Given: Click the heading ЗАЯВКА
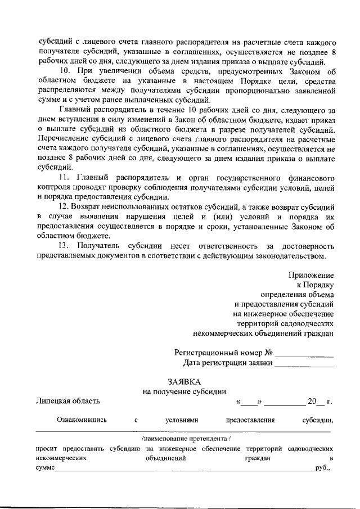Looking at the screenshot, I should tap(184, 382).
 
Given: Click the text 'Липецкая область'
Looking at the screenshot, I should tap(67, 401).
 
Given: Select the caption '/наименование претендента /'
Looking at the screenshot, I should tap(184, 438).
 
